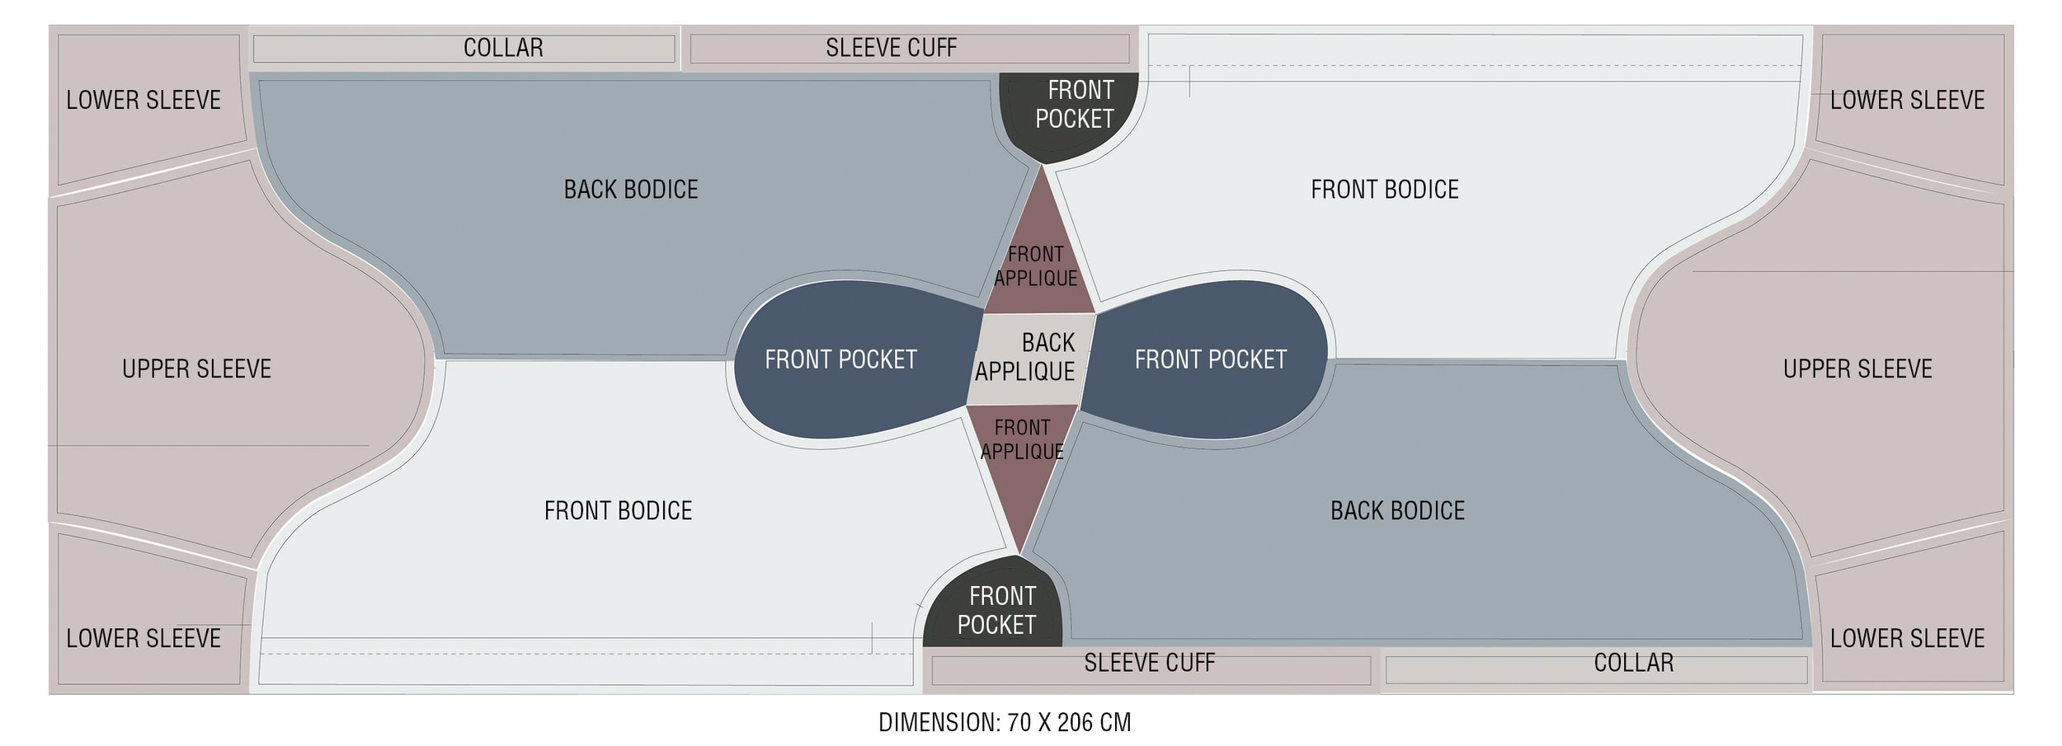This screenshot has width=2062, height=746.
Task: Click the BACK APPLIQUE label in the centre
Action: (x=1025, y=357)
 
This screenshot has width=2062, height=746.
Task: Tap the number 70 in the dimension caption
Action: (x=1019, y=723)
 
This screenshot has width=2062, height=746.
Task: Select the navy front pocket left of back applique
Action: (x=850, y=359)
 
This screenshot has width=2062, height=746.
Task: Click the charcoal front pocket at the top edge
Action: (x=1070, y=115)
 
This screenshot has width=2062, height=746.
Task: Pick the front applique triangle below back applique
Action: (x=1021, y=470)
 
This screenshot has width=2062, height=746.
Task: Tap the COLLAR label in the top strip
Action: (x=503, y=48)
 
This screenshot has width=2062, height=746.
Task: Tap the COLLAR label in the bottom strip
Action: (x=1633, y=663)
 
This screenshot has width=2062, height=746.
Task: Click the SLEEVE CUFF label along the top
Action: (x=891, y=48)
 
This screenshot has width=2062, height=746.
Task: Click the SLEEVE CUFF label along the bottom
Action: (x=1149, y=663)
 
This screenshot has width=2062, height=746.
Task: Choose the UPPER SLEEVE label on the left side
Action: (x=196, y=368)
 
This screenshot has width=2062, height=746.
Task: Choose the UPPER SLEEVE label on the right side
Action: (x=1857, y=368)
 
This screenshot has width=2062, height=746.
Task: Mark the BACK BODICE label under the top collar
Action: (x=631, y=190)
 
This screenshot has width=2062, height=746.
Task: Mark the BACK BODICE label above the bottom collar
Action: (x=1397, y=511)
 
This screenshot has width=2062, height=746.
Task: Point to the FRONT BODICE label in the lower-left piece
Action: (x=618, y=511)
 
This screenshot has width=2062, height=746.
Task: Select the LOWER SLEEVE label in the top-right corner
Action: (x=1907, y=101)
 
